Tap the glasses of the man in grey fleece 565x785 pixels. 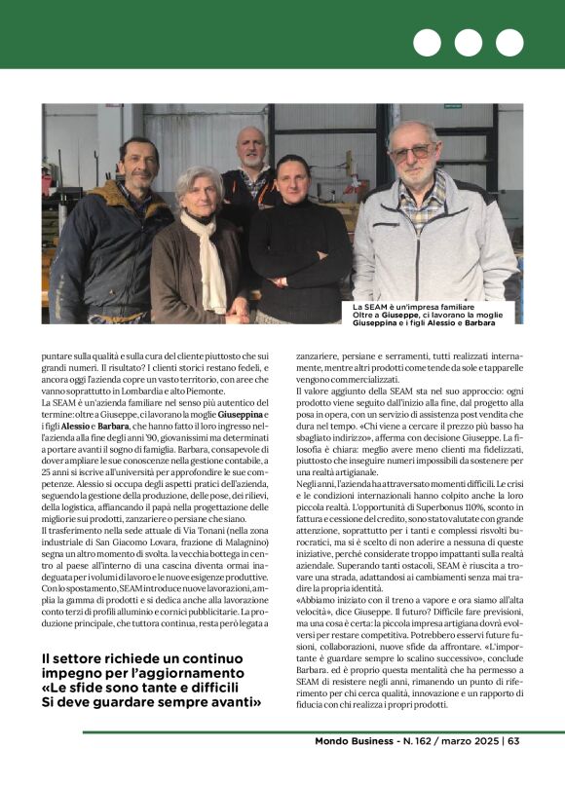tap(413, 152)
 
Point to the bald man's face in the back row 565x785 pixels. tap(251, 149)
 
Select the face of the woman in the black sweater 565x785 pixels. tap(291, 180)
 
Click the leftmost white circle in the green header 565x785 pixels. tap(427, 43)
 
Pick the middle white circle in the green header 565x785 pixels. tap(469, 43)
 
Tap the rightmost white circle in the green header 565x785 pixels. tap(509, 43)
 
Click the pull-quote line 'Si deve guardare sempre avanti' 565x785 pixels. tap(151, 701)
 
